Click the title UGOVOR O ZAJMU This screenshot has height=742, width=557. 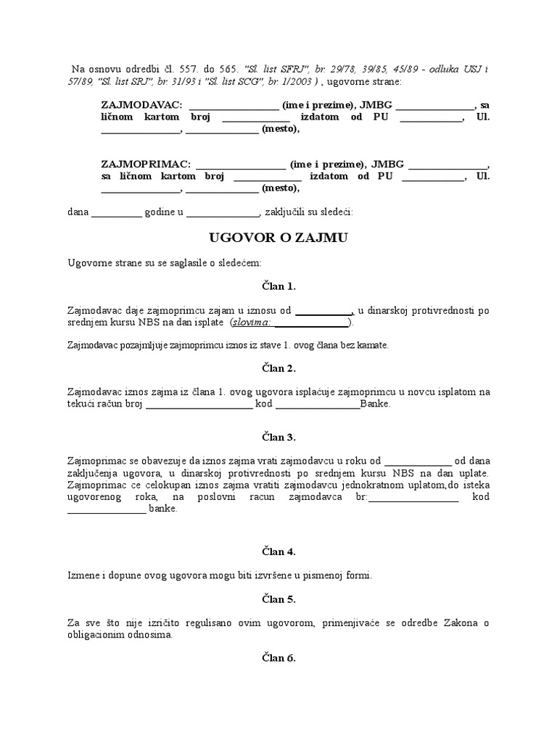(278, 237)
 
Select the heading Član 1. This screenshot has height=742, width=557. (278, 286)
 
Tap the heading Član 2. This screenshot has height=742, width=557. (278, 369)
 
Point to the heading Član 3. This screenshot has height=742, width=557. (278, 438)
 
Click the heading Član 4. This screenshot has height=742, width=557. (278, 552)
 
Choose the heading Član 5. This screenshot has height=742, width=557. (278, 600)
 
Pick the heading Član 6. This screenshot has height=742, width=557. (278, 658)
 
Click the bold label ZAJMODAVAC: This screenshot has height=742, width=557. (142, 105)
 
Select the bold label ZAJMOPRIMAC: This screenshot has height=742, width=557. (146, 164)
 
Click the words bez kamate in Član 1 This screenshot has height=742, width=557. (366, 346)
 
